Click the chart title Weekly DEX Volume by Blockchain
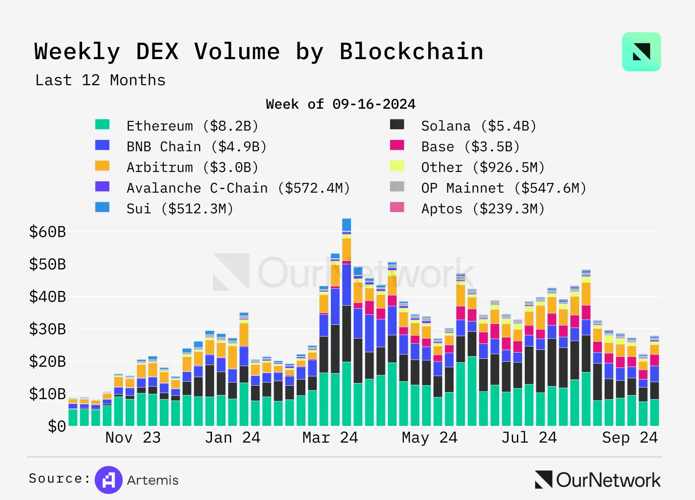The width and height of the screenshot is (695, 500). click(x=258, y=52)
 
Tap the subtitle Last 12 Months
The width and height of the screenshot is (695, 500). click(x=100, y=80)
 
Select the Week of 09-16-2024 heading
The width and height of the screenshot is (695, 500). click(x=341, y=104)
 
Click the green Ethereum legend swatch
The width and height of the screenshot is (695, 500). click(x=103, y=125)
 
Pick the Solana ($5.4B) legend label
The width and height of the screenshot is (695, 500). click(x=479, y=126)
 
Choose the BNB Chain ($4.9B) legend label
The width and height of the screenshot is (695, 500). click(x=196, y=147)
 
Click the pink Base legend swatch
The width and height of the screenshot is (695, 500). click(x=397, y=145)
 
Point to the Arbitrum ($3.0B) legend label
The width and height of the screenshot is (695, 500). click(x=192, y=167)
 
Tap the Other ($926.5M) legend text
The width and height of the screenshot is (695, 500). click(x=483, y=167)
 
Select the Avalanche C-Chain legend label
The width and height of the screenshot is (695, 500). click(x=238, y=188)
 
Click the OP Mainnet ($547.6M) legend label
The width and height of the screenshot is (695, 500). click(x=504, y=188)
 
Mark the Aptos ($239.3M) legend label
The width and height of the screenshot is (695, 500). click(x=483, y=209)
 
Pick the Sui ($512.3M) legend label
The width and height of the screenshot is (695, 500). click(x=180, y=209)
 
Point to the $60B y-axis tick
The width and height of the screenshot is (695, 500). click(x=47, y=232)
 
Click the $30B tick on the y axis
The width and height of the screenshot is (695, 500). click(x=47, y=329)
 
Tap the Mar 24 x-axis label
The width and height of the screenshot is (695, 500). click(x=330, y=437)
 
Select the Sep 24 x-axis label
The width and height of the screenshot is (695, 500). click(x=630, y=437)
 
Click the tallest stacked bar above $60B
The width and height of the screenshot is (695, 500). click(x=347, y=322)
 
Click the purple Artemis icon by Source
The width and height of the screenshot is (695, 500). click(x=109, y=480)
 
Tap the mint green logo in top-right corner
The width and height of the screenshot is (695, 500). click(x=641, y=52)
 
